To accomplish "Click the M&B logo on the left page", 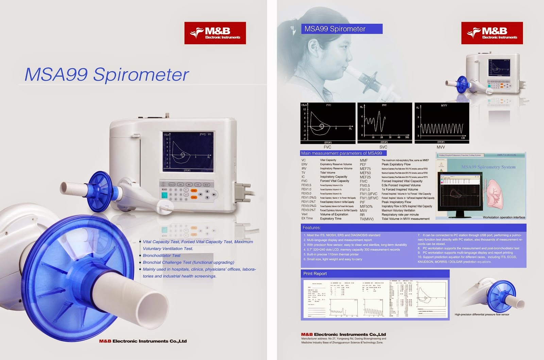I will tap(215, 33).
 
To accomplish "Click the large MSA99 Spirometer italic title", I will tap(106, 75).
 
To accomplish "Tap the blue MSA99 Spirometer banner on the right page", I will tap(341, 29).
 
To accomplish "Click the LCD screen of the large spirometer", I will tap(188, 151).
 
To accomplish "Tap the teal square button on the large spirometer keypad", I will tap(165, 195).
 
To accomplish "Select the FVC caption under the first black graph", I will tap(327, 147).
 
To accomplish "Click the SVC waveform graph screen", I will tap(384, 122).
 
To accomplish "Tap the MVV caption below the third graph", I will tap(441, 147).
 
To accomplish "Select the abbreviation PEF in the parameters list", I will tap(363, 164).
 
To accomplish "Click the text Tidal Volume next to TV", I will tap(327, 173).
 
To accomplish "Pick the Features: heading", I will tap(311, 228).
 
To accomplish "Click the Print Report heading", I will tap(315, 274).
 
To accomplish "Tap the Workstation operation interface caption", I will tap(504, 217).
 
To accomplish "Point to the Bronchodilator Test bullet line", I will tap(161, 256).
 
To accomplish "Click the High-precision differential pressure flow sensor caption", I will tap(482, 314).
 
